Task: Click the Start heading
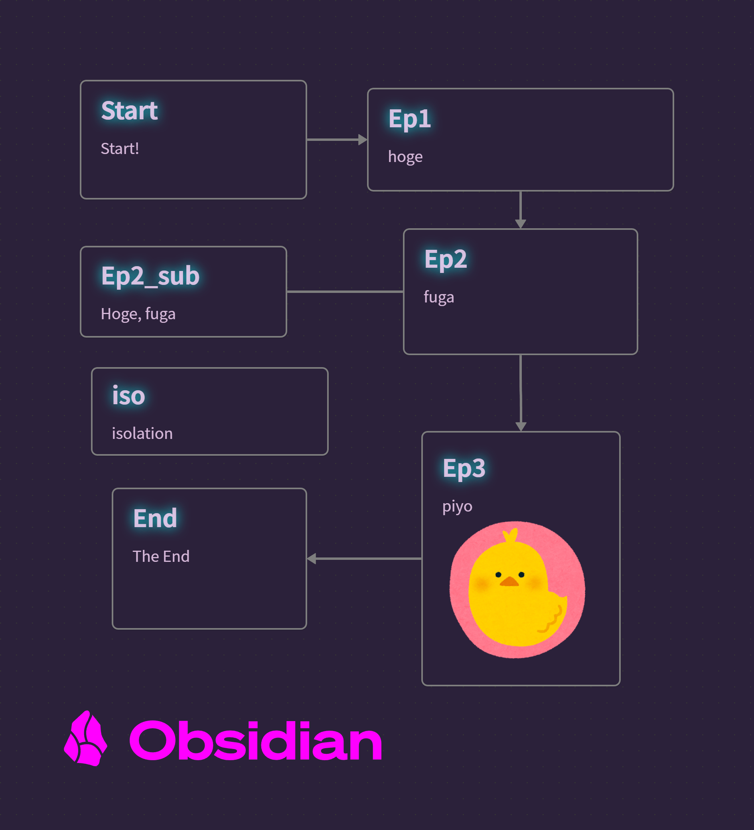pos(129,111)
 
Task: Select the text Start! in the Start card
pos(120,148)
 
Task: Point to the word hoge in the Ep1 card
pos(405,157)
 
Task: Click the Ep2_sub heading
pos(150,276)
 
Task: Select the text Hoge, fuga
pos(138,314)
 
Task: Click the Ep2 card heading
pos(446,260)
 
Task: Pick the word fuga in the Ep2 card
pos(439,297)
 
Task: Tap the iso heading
pos(128,395)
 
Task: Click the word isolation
pos(142,433)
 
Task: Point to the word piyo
pos(457,507)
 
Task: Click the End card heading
pos(155,518)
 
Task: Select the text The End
pos(161,557)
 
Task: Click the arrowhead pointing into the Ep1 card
pos(363,140)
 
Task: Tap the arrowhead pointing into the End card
pos(312,559)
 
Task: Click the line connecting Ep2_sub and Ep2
pos(345,291)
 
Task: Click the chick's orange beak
pos(509,581)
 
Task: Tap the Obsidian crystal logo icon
pos(86,738)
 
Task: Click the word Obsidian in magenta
pos(256,741)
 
